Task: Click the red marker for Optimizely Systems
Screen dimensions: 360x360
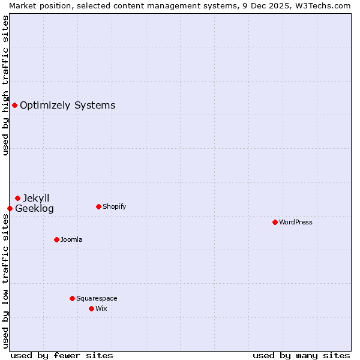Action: (x=14, y=106)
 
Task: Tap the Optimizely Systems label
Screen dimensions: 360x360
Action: (x=67, y=106)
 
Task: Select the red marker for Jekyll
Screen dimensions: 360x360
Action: (x=17, y=198)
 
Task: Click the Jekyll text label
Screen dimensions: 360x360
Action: (x=36, y=198)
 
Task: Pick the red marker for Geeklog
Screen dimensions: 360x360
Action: (x=10, y=208)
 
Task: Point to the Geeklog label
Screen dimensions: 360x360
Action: (x=34, y=209)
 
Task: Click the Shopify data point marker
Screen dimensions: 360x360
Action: (x=98, y=206)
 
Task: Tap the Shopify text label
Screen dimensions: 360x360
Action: (x=114, y=206)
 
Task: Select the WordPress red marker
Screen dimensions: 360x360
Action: (x=275, y=222)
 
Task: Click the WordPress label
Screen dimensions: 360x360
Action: (x=295, y=222)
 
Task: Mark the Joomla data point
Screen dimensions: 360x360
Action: (x=56, y=239)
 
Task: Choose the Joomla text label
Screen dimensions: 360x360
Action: (x=71, y=239)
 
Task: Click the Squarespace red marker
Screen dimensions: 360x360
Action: (x=72, y=298)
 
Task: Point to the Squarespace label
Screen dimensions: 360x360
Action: (x=97, y=298)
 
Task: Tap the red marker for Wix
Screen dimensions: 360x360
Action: (x=91, y=308)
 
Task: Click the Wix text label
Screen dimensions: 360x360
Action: (x=101, y=308)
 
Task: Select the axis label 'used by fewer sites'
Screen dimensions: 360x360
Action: (x=62, y=355)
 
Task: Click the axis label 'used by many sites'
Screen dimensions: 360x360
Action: (x=301, y=355)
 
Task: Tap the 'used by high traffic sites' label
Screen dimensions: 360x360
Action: (x=5, y=85)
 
